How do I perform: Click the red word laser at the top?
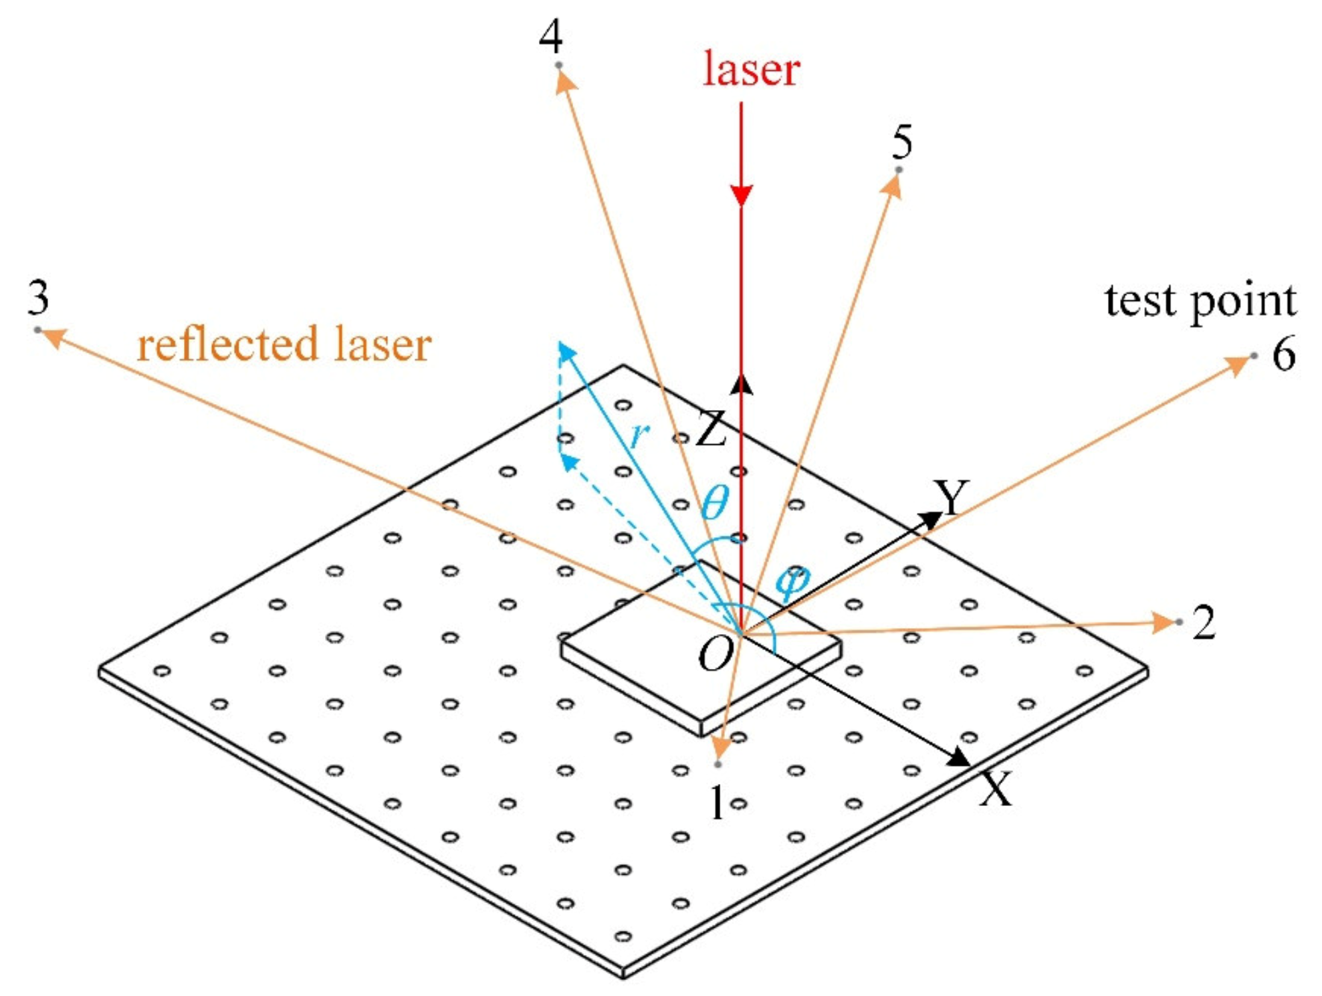(751, 70)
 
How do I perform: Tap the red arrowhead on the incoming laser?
(741, 195)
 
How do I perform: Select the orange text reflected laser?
(284, 344)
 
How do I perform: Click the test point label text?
(1200, 300)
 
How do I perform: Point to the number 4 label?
(550, 37)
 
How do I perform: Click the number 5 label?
(902, 141)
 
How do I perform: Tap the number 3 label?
(38, 298)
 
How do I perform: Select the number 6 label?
(1283, 354)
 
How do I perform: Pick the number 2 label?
(1204, 623)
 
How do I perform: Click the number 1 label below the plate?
(717, 802)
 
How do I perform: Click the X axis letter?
(996, 789)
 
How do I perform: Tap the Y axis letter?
(952, 496)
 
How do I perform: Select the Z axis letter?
(711, 429)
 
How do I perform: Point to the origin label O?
(715, 654)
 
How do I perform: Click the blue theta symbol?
(714, 501)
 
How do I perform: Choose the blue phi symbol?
(792, 581)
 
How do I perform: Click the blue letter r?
(639, 435)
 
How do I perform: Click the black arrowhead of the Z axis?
(741, 385)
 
